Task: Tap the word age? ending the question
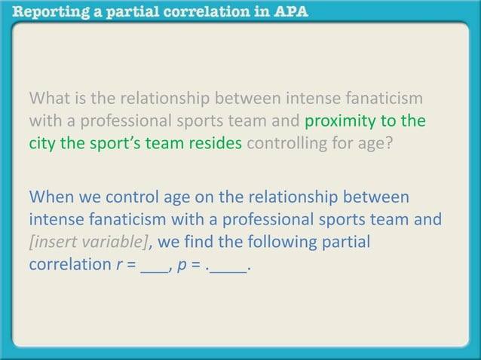coord(375,143)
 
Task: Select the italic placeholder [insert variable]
coord(88,243)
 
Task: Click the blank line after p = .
coord(229,268)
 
